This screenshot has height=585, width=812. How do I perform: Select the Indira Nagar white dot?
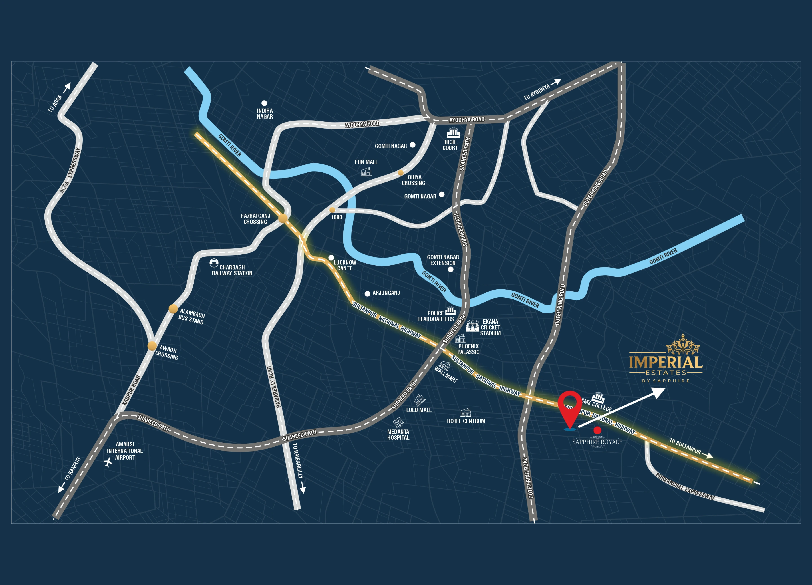264,103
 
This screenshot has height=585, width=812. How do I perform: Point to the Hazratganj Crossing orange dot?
283,218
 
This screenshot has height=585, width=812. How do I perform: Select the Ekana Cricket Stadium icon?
472,326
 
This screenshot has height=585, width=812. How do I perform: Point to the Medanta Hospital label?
398,435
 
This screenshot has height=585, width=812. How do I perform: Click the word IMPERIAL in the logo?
665,362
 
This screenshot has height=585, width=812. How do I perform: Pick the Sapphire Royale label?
597,442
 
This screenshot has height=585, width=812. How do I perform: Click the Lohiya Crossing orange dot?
401,173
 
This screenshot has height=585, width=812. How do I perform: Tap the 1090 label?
336,217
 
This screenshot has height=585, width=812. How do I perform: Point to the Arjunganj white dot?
367,294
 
